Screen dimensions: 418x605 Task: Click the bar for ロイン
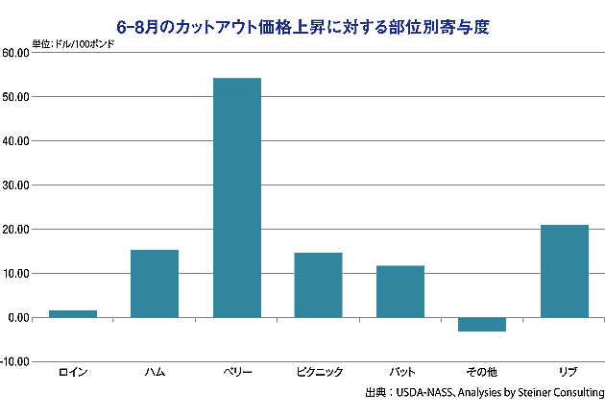(73, 313)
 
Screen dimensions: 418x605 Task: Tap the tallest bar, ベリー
(236, 197)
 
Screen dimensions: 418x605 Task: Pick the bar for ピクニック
(318, 284)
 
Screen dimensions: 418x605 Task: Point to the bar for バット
(399, 291)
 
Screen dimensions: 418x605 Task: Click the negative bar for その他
(481, 324)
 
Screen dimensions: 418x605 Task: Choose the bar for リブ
(564, 271)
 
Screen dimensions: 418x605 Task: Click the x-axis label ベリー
(236, 372)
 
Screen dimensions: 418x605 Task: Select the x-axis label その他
(481, 372)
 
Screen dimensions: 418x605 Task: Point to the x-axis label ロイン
(73, 372)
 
